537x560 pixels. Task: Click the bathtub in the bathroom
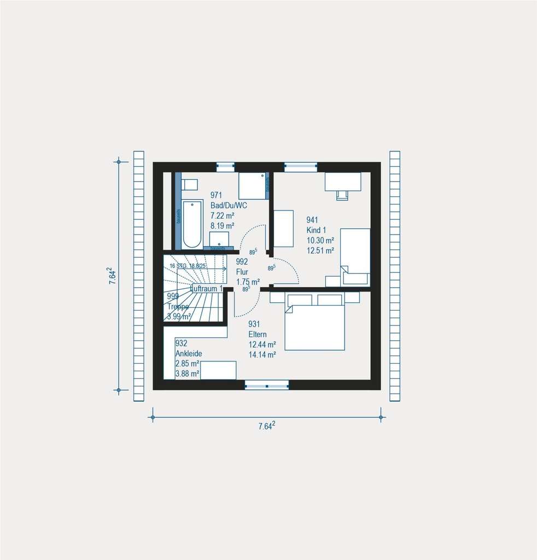click(192, 225)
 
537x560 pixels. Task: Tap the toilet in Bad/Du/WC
click(189, 184)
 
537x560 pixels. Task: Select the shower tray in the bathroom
click(252, 186)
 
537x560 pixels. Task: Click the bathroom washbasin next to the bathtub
click(219, 238)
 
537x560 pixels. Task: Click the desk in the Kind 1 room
click(343, 182)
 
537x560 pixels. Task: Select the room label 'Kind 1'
click(316, 230)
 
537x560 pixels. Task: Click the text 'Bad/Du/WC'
click(229, 206)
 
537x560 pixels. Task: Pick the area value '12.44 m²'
click(262, 345)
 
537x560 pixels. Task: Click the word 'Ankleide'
click(189, 353)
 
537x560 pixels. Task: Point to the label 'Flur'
click(242, 271)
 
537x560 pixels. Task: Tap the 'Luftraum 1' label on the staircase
click(206, 288)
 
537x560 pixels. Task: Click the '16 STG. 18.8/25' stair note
click(188, 266)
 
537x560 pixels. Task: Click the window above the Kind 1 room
click(300, 166)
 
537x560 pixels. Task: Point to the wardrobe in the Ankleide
click(218, 370)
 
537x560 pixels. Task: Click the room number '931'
click(254, 324)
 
